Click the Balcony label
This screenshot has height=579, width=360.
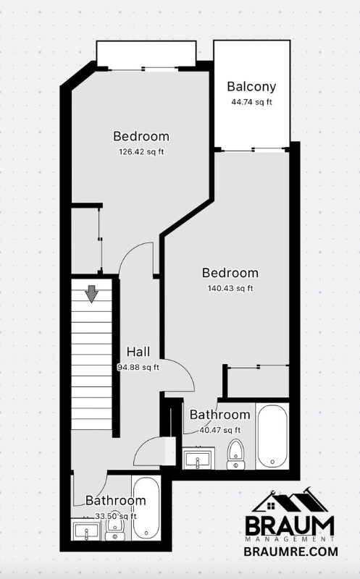pos(251,87)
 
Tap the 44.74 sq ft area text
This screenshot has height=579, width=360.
pos(251,102)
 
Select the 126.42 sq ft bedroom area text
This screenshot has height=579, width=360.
pos(141,152)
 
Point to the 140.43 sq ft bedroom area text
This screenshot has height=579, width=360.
pos(230,288)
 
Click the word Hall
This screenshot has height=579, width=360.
pos(138,352)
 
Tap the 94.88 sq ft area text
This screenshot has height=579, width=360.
pos(138,368)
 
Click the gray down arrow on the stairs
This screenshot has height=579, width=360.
pos(91,294)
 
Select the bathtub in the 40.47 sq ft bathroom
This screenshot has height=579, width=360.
pos(272,436)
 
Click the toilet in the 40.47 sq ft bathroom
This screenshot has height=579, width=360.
pos(235,454)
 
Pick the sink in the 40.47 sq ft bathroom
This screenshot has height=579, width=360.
pos(198,459)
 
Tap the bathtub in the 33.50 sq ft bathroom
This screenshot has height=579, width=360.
pos(146,509)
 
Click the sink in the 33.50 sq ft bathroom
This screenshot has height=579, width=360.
pos(86,530)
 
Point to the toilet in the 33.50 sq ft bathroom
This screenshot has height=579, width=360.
pos(115,529)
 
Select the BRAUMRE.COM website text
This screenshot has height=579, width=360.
pos(291,551)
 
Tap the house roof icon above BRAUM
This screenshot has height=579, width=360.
pos(290,501)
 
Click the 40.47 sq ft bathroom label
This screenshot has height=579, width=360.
pos(219,415)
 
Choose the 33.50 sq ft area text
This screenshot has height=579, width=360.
pos(116,516)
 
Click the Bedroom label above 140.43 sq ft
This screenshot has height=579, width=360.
pos(230,273)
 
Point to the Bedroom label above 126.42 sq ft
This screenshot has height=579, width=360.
pos(141,136)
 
